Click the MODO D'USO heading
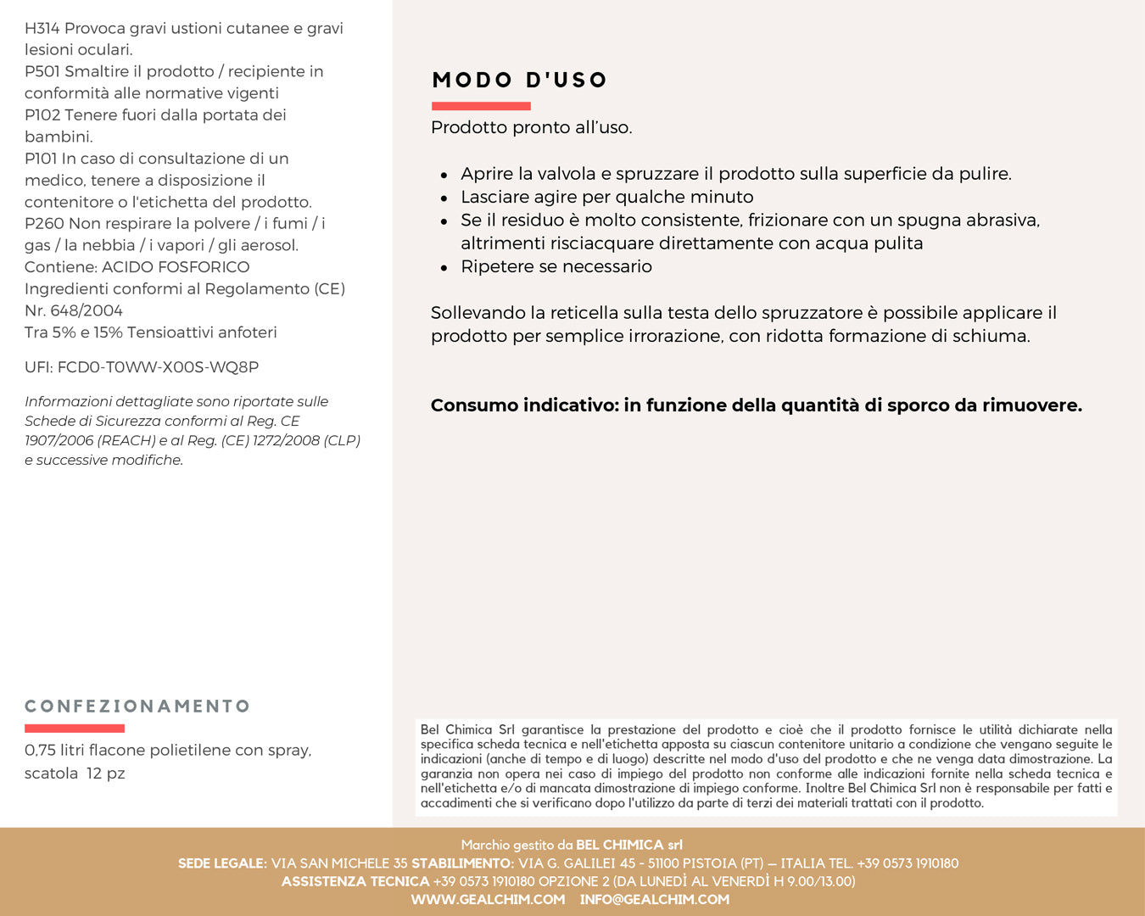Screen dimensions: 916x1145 point(519,81)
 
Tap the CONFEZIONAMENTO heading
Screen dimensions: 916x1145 point(137,707)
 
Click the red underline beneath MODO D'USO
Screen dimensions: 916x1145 point(481,106)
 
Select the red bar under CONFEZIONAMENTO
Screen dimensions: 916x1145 point(75,729)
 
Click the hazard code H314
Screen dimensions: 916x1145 point(42,29)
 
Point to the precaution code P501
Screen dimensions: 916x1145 point(42,72)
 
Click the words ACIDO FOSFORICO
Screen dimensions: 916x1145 point(176,267)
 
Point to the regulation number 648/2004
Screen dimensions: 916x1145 point(87,310)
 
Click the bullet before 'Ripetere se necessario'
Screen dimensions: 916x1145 point(444,268)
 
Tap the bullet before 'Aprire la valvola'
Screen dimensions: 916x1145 point(444,176)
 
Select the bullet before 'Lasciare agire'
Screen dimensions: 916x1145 point(444,198)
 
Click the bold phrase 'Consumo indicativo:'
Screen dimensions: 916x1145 point(525,405)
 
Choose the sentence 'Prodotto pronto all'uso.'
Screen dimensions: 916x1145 point(531,128)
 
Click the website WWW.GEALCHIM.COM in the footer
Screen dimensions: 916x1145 point(488,900)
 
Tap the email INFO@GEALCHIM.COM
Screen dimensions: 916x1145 point(654,900)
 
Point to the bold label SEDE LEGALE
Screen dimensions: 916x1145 point(221,863)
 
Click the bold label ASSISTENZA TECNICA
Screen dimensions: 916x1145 point(355,882)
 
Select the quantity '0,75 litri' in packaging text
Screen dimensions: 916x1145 point(54,751)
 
